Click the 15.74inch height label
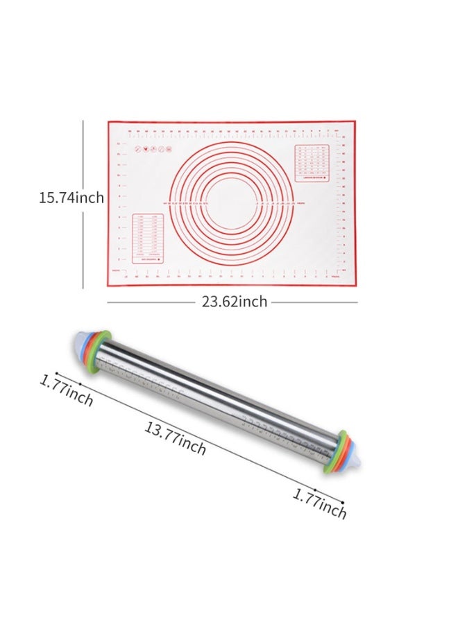click(x=71, y=198)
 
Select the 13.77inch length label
click(x=175, y=438)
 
